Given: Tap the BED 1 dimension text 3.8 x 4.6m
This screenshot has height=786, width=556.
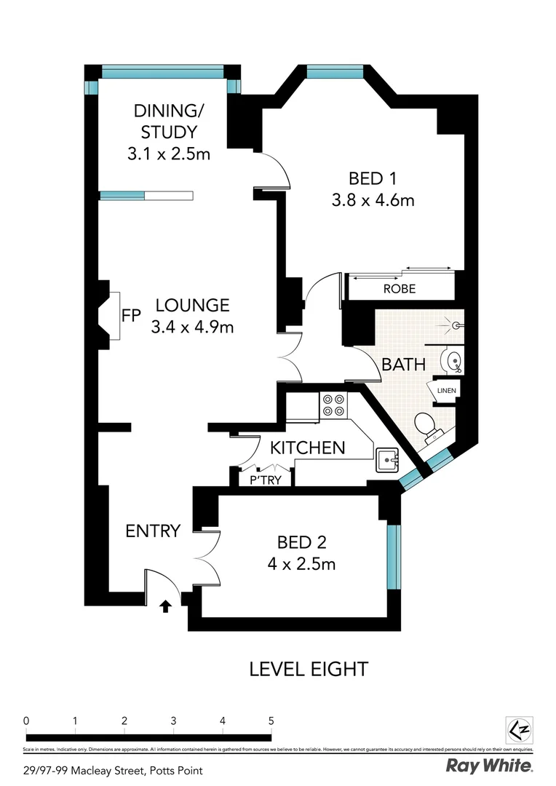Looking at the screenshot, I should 373,200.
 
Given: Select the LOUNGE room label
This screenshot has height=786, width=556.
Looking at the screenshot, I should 192,306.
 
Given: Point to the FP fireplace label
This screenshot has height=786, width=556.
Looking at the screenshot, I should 131,316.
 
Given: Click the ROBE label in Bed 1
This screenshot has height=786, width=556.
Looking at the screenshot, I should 399,289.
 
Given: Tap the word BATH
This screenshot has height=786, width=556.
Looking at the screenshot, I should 404,364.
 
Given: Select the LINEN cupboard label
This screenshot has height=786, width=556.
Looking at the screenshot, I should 446,391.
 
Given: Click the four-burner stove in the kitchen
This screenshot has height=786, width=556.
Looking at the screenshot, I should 333,405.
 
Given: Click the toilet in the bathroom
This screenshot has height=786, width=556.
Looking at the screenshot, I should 426,425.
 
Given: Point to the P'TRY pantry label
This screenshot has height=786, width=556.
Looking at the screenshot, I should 266,480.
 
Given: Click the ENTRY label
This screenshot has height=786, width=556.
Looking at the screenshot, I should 152,531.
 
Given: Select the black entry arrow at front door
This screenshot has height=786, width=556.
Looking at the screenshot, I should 166,606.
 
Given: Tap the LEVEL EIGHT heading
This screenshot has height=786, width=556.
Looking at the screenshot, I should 309,668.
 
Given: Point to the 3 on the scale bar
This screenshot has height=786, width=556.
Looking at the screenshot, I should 173,720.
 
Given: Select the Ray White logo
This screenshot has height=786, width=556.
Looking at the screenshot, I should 488,766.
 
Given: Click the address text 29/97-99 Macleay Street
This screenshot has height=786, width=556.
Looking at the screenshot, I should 112,770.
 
